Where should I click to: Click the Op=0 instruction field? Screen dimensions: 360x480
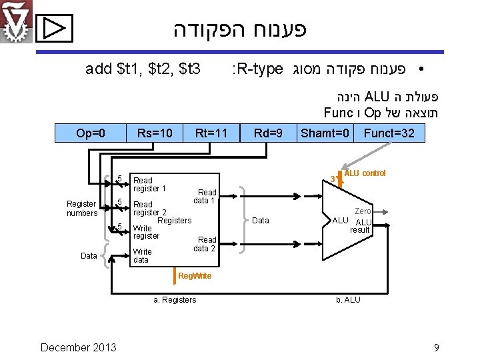click(x=91, y=133)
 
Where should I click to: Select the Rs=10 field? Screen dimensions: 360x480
click(x=154, y=133)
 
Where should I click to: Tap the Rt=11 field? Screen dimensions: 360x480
click(x=211, y=133)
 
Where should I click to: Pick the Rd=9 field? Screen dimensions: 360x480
click(x=269, y=133)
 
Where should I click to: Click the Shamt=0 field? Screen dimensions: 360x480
click(x=325, y=133)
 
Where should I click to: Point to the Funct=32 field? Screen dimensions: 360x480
click(x=389, y=133)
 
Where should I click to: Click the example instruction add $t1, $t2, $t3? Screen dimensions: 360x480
click(x=143, y=68)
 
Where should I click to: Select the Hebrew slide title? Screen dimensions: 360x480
click(x=240, y=30)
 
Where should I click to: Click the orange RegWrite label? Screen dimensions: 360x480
click(x=195, y=276)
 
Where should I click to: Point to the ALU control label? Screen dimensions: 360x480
click(x=365, y=173)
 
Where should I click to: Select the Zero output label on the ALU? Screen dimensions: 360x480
click(x=363, y=211)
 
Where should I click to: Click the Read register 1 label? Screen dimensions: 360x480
click(x=149, y=185)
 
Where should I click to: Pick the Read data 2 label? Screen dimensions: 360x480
click(x=205, y=244)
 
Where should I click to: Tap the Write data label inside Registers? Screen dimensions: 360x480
click(x=142, y=255)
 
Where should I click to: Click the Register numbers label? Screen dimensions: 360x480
click(x=81, y=208)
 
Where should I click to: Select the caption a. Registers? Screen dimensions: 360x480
click(x=175, y=300)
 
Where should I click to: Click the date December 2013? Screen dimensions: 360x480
click(x=78, y=347)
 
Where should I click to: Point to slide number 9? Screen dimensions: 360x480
click(x=436, y=347)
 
